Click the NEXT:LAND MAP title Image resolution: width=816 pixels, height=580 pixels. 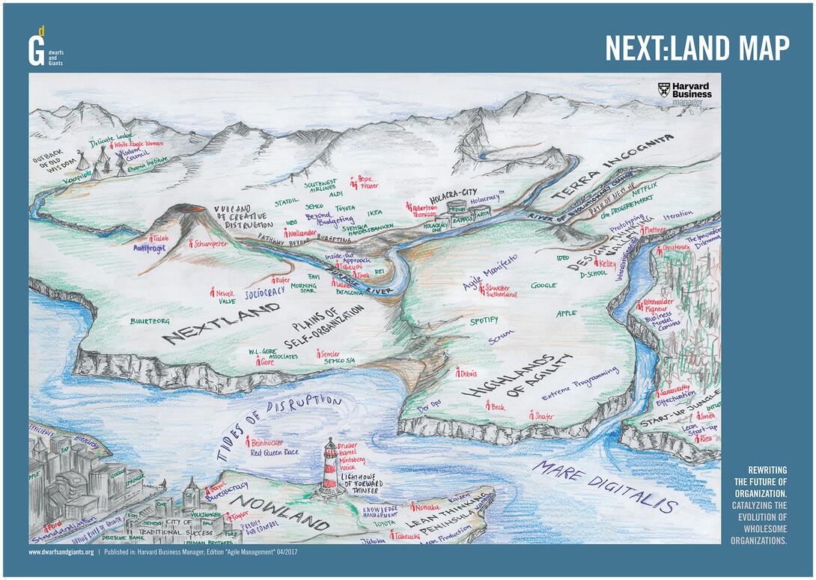[x=696, y=49]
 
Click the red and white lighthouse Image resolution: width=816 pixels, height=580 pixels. [x=330, y=467]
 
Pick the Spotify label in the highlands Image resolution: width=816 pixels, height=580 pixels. [x=484, y=320]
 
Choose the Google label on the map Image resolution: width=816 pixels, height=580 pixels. [x=544, y=285]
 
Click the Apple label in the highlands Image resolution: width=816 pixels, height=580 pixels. [x=566, y=313]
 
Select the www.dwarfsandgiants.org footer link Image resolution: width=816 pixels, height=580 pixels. [x=61, y=552]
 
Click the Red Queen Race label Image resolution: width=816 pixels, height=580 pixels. [x=275, y=453]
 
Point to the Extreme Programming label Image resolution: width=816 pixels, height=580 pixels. [x=580, y=379]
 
